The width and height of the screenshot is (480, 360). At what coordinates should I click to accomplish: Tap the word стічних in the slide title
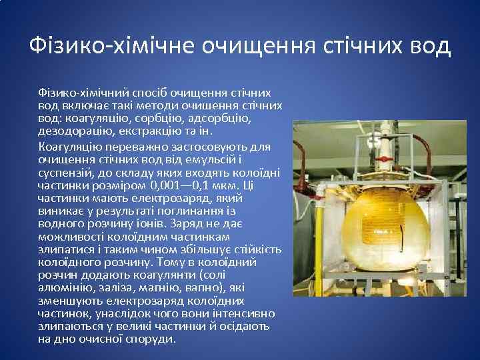coord(347,46)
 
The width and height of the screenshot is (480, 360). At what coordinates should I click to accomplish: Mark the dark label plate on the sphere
coord(381,231)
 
